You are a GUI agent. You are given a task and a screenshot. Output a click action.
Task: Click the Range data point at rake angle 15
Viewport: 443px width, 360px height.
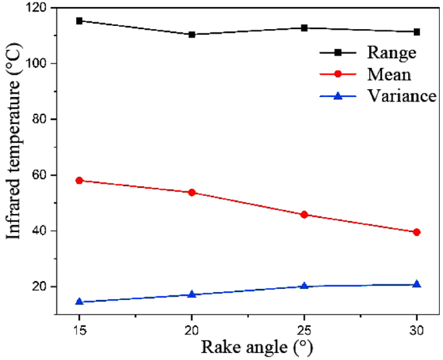point(80,21)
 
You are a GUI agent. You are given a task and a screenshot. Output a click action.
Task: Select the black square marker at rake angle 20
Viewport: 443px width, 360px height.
point(192,34)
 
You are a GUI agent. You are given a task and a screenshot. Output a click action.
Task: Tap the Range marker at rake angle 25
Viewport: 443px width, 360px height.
point(305,28)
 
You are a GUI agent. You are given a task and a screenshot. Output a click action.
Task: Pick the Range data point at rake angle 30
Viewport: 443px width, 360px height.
point(417,32)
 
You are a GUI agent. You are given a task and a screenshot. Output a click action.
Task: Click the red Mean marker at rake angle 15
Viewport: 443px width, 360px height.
point(80,180)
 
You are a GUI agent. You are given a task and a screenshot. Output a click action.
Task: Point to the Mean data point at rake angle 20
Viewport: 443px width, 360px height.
point(192,193)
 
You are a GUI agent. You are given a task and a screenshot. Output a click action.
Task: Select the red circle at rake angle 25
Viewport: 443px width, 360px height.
point(305,215)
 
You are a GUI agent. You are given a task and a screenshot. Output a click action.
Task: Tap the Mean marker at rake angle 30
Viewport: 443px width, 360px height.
point(417,232)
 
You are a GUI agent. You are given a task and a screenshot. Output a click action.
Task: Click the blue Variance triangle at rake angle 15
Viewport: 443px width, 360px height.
point(80,301)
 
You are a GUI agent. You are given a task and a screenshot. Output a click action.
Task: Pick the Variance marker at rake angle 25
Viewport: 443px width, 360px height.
point(305,286)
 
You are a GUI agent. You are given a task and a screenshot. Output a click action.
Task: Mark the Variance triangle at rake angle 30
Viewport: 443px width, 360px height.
point(417,284)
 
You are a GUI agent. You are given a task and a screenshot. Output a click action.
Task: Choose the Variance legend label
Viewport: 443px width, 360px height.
point(402,96)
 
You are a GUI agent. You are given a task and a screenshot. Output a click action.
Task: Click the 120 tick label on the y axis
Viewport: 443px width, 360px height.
point(38,8)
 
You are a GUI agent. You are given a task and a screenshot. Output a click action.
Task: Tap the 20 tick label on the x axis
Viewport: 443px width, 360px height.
point(192,328)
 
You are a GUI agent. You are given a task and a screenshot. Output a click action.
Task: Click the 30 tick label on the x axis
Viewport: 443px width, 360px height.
point(417,328)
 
